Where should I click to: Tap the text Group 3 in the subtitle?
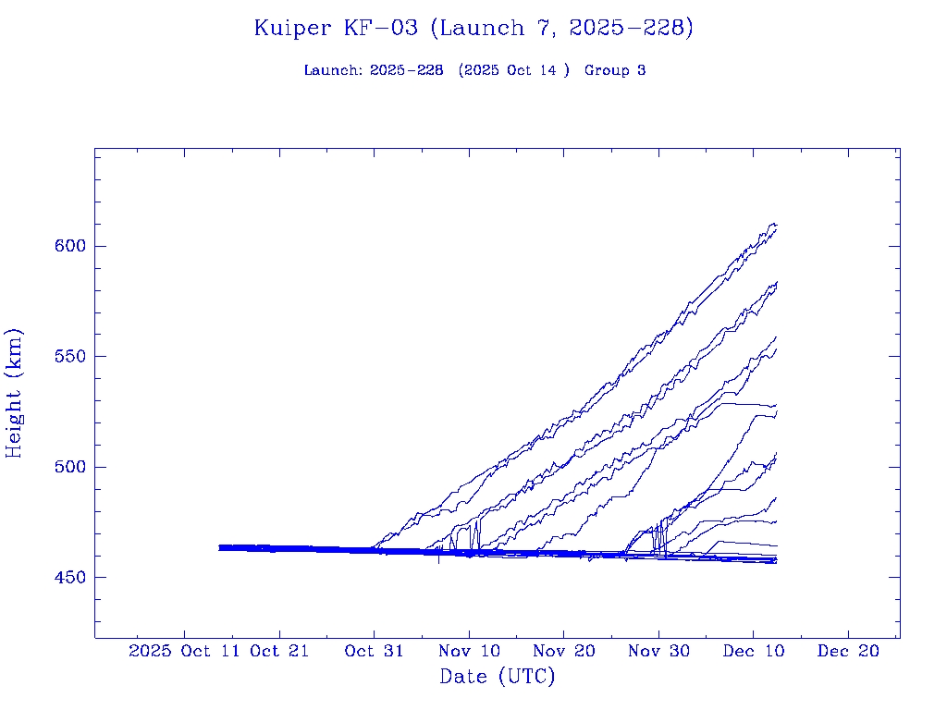click(x=615, y=70)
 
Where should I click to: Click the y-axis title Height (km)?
click(x=14, y=392)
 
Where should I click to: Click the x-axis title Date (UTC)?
click(x=498, y=677)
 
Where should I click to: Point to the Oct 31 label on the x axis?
click(x=374, y=651)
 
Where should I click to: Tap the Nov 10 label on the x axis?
click(x=469, y=651)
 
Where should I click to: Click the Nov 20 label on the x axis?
click(x=563, y=651)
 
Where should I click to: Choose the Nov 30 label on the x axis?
click(x=658, y=651)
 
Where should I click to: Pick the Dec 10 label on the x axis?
click(x=754, y=651)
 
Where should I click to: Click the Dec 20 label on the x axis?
click(x=848, y=651)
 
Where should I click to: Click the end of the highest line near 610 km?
click(x=775, y=224)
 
